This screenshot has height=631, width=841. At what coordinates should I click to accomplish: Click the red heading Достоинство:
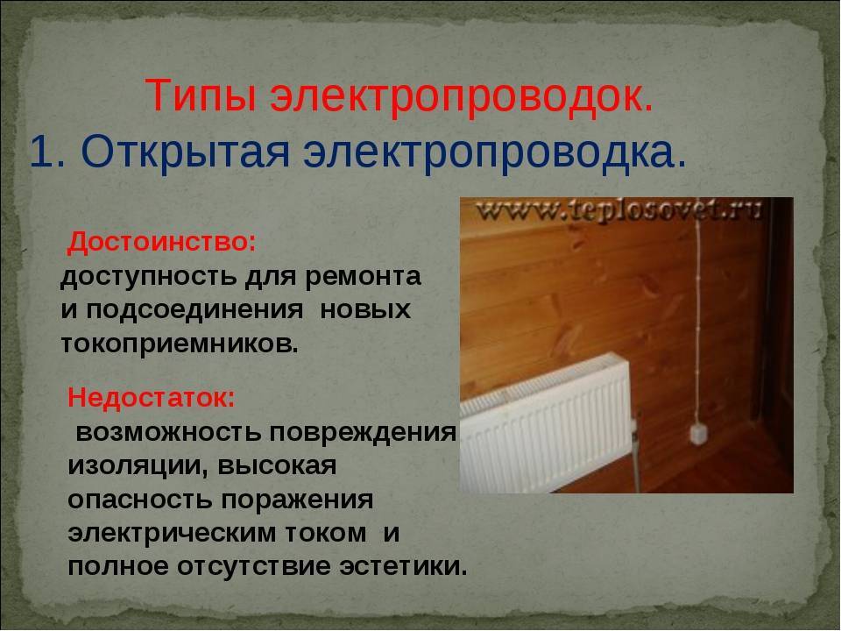(161, 243)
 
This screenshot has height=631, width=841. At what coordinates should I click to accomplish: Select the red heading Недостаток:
(152, 398)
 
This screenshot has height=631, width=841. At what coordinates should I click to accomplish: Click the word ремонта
(363, 278)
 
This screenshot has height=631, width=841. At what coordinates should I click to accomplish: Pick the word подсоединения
(194, 311)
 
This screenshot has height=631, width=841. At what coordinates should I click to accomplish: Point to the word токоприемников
(179, 344)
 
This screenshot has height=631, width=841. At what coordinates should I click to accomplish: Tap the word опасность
(140, 500)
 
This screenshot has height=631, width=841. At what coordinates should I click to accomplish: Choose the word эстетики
(404, 567)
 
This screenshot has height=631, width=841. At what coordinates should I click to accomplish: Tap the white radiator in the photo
(546, 424)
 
